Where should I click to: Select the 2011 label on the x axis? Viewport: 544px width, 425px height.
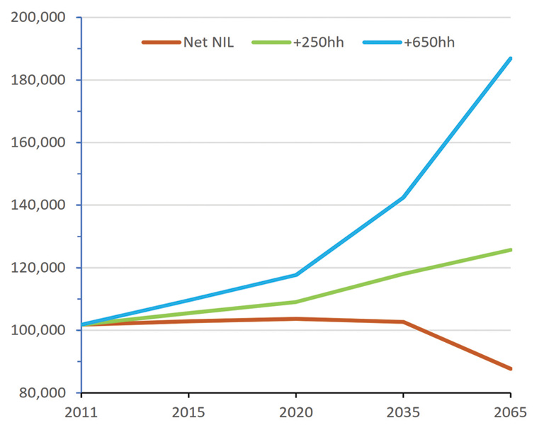(81, 411)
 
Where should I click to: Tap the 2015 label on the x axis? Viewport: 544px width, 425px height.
(188, 411)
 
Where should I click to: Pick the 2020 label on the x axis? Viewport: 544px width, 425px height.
(295, 411)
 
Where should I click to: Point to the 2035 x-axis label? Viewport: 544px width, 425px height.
(403, 411)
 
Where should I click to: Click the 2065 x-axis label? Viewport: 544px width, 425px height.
(510, 411)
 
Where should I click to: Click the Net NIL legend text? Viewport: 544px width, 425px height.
(208, 42)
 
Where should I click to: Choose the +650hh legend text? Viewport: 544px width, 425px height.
(429, 42)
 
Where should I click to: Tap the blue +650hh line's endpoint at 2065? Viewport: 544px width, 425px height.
(510, 58)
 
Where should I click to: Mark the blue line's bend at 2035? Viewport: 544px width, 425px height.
(403, 198)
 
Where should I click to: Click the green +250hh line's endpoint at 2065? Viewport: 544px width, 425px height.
(510, 249)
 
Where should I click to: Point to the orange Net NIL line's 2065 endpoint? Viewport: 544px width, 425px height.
(510, 368)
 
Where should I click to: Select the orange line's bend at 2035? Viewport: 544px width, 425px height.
(403, 322)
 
